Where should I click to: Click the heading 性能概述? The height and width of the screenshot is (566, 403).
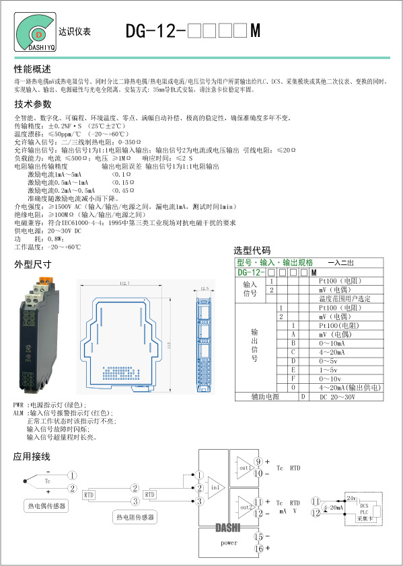[x=32, y=69]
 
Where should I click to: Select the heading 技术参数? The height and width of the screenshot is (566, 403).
[x=32, y=104]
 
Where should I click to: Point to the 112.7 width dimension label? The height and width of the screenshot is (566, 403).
[x=124, y=284]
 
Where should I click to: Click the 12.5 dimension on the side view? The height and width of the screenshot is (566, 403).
[x=205, y=289]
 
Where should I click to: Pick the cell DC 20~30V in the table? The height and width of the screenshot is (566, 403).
[x=337, y=397]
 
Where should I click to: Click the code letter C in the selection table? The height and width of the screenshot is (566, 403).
[x=293, y=352]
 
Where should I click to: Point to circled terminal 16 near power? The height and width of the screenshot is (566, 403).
[x=258, y=549]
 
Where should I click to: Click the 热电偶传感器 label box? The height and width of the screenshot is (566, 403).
[x=46, y=505]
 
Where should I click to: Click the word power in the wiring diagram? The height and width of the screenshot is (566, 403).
[x=229, y=542]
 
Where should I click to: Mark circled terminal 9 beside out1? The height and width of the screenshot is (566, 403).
[x=258, y=461]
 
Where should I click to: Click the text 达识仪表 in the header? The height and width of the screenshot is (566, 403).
[x=75, y=32]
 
